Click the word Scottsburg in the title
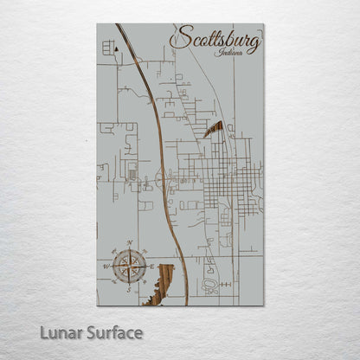(x=217, y=40)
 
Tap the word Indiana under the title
(x=232, y=53)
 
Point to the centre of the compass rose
(x=130, y=265)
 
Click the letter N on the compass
(x=130, y=242)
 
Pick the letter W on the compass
(x=107, y=266)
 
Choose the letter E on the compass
(x=152, y=266)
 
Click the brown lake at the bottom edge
(x=163, y=280)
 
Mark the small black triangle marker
(x=116, y=51)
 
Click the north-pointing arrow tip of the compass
(x=130, y=248)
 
